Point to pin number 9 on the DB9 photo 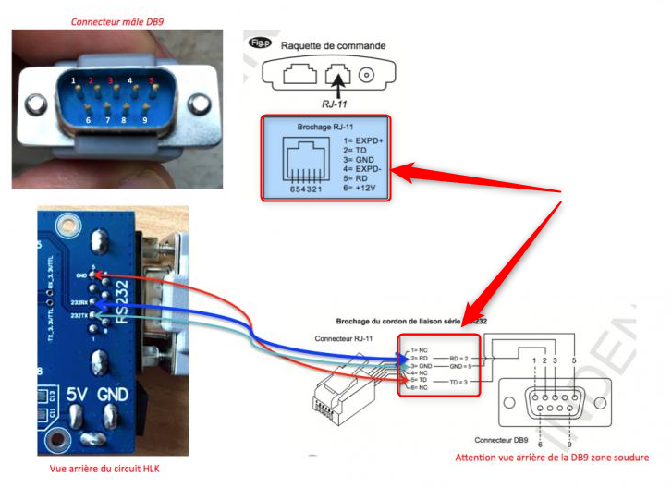144,119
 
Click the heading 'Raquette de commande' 333,44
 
